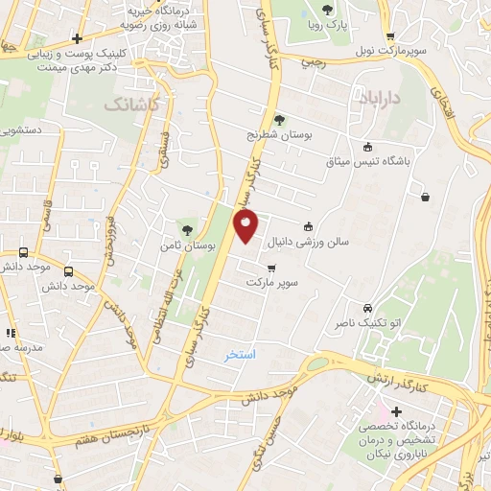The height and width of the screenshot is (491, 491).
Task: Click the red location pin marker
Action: pos(246,226)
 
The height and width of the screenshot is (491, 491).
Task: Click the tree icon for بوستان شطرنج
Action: pos(279,120)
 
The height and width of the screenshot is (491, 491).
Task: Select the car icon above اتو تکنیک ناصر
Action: pos(368,309)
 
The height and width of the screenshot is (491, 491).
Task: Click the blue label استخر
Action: pos(241,355)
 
